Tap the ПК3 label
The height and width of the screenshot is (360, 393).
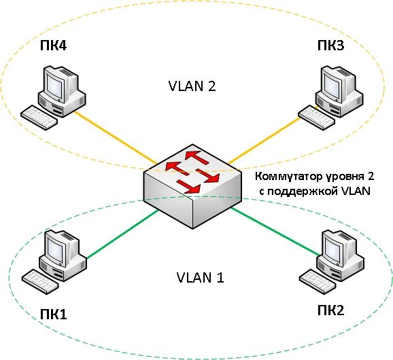(330, 46)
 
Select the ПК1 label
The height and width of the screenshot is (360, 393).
(54, 314)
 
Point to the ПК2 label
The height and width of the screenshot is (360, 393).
(331, 310)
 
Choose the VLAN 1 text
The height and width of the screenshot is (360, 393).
(200, 277)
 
